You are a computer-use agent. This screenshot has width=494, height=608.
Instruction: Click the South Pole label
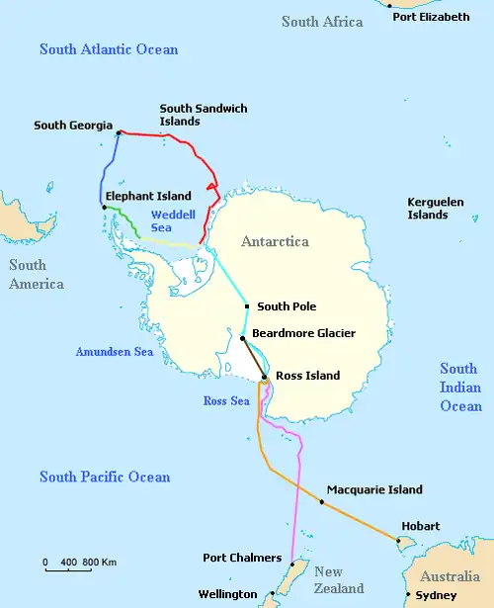(x=286, y=306)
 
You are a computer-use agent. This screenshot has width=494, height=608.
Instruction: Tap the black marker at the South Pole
(x=247, y=307)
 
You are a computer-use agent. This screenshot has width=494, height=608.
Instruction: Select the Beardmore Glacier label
(x=303, y=334)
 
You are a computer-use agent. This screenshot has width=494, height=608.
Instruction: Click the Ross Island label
(x=307, y=376)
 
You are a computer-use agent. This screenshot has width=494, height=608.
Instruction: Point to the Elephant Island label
(x=147, y=197)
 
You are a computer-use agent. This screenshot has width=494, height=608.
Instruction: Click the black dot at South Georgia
(x=119, y=132)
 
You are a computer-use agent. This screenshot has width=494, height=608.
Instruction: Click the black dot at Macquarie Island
(x=321, y=502)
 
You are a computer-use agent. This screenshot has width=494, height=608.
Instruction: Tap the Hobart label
(x=420, y=527)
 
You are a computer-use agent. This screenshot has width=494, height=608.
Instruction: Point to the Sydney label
(x=437, y=595)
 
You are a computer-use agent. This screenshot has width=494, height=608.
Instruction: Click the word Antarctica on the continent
(x=275, y=242)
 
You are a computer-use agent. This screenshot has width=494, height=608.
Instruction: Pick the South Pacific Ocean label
(x=105, y=478)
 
